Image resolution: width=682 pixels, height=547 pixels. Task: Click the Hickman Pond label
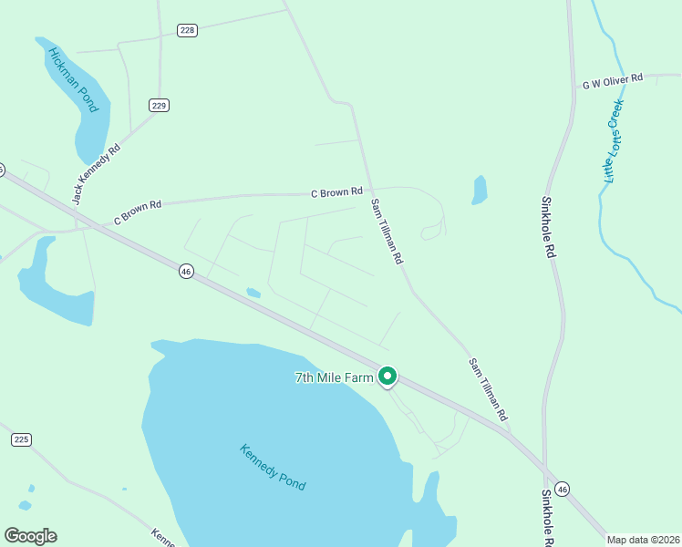(x=73, y=80)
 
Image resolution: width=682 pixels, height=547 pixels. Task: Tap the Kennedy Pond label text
(x=273, y=467)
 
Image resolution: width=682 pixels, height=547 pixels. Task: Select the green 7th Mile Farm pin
(x=387, y=376)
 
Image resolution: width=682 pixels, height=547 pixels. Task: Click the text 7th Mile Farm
(x=335, y=377)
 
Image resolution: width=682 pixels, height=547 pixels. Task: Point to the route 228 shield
(x=187, y=30)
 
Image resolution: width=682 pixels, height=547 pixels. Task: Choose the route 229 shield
(x=160, y=106)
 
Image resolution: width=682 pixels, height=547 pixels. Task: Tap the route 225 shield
(x=22, y=439)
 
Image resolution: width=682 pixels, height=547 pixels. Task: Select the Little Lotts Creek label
(x=613, y=141)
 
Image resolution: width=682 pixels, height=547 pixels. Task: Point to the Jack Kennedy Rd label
(x=97, y=173)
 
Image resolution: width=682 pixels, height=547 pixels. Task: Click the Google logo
(x=30, y=536)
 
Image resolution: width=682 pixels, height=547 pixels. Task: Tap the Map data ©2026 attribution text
(x=644, y=540)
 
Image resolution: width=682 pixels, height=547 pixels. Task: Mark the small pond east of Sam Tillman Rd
(x=480, y=190)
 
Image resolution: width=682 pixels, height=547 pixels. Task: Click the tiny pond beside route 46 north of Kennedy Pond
(x=253, y=293)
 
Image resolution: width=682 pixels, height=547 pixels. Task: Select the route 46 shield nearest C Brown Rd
(x=186, y=272)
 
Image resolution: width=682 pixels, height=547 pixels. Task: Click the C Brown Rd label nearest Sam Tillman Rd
(x=336, y=192)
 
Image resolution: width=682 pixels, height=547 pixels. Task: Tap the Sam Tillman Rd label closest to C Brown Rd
(x=386, y=232)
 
